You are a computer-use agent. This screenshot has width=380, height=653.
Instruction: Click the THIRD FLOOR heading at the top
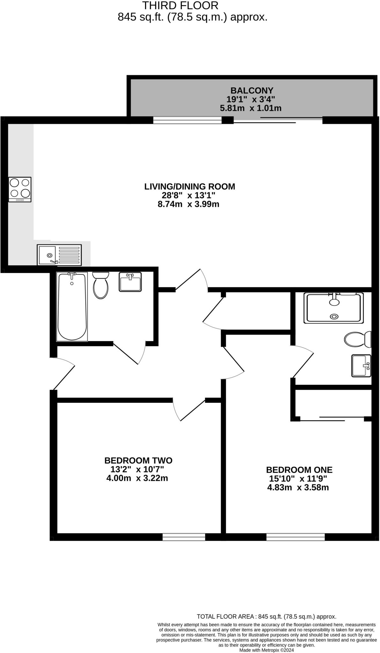(x=180, y=6)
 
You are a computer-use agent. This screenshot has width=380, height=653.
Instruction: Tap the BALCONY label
(x=252, y=91)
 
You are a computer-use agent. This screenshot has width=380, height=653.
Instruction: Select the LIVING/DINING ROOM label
(x=190, y=187)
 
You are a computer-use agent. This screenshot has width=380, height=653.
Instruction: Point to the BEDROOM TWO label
(x=138, y=460)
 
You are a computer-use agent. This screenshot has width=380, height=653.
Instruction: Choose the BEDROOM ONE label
(x=299, y=470)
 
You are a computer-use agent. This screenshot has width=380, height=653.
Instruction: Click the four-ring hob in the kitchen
(x=20, y=189)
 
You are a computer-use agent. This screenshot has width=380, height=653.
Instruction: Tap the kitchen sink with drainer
(x=59, y=255)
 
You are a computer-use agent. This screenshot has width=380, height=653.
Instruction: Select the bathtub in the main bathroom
(x=72, y=306)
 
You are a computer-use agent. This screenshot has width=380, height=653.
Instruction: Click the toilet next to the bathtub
(x=101, y=285)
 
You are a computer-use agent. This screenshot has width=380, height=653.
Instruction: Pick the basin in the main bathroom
(x=130, y=282)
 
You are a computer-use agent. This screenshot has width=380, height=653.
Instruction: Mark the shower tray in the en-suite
(x=334, y=308)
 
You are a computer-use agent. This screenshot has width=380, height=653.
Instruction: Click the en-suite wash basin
(x=361, y=366)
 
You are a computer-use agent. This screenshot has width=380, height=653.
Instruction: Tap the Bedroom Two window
(x=184, y=537)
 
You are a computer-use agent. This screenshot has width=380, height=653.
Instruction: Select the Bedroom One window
(x=296, y=537)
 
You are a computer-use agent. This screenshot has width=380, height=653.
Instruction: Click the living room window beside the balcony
(x=187, y=120)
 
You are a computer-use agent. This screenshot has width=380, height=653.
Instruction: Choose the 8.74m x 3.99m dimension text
(x=188, y=204)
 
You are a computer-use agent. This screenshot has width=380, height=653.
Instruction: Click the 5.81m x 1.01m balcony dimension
(x=251, y=108)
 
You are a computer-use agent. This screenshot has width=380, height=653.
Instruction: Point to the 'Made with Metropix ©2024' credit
(x=267, y=650)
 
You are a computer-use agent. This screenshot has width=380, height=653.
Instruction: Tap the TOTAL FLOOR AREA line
(x=267, y=617)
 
